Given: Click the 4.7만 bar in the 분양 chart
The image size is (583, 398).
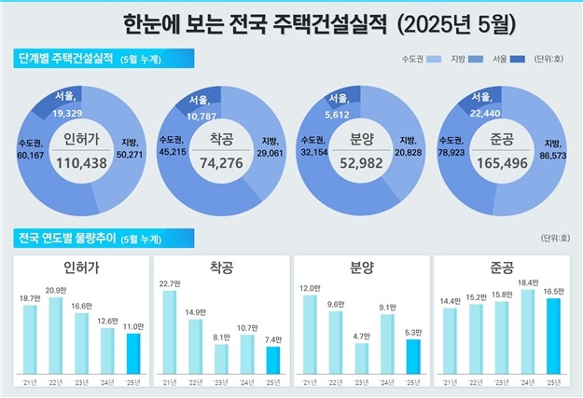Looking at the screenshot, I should [x=361, y=358].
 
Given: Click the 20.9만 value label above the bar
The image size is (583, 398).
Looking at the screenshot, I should [x=55, y=290].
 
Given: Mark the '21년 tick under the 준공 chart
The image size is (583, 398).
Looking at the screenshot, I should [x=451, y=381].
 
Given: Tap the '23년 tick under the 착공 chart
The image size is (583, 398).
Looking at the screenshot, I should [x=221, y=381].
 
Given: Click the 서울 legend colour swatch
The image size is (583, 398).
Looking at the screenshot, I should [x=519, y=60].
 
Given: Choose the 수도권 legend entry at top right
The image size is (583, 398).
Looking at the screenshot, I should [x=419, y=60].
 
